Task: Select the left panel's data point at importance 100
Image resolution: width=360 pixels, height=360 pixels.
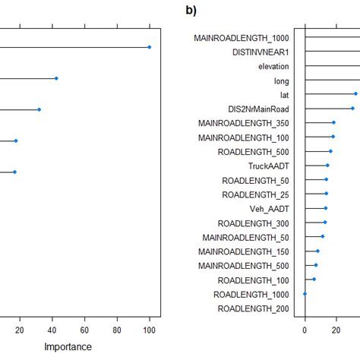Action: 150,47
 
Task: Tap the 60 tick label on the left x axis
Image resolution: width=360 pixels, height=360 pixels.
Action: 85,330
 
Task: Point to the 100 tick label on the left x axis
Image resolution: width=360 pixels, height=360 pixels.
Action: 150,330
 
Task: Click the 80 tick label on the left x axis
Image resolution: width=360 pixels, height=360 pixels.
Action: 117,330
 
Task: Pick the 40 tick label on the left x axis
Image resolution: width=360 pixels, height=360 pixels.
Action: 52,330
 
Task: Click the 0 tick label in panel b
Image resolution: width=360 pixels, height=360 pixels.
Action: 305,330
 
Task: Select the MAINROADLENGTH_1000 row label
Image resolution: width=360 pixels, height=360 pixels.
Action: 241,37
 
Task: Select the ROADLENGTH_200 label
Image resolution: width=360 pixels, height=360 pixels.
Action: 253,308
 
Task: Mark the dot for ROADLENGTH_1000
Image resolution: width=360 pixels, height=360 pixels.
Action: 305,294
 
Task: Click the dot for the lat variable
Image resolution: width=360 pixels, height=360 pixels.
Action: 355,94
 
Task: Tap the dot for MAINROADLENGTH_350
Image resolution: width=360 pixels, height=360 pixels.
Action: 333,122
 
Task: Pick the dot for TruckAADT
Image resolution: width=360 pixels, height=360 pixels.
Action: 327,166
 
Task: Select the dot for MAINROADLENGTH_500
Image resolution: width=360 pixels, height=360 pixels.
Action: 316,265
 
